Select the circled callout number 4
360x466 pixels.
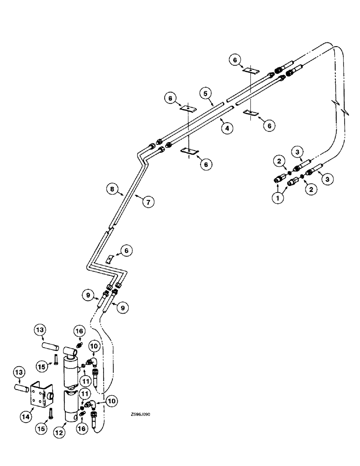(227, 128)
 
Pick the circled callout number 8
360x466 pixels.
(111, 190)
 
